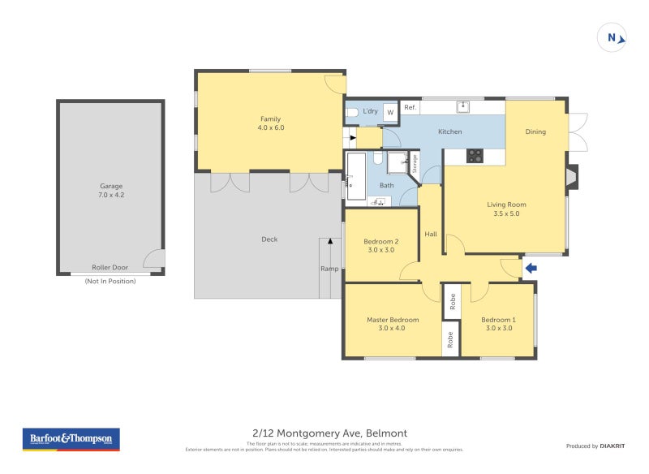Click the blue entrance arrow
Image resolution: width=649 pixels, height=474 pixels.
point(531,268)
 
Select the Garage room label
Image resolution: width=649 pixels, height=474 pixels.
point(110,191)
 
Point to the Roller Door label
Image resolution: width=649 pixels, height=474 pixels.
point(110,267)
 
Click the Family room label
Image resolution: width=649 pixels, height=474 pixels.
point(270,123)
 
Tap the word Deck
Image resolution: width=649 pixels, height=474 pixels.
point(269,239)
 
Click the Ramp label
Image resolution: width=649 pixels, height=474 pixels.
point(329,269)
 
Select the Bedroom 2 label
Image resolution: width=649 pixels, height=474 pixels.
point(380,245)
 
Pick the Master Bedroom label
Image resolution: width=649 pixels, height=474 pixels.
point(393,324)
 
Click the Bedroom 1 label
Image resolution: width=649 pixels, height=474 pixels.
point(498,324)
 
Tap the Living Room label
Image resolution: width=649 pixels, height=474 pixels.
point(506,209)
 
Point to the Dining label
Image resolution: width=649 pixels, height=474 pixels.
point(535,131)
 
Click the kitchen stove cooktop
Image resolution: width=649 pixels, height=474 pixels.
point(475,156)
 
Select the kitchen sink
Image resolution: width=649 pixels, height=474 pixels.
point(463,106)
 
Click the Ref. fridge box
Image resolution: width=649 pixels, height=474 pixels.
point(410,108)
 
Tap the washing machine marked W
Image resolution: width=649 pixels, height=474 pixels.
point(390,113)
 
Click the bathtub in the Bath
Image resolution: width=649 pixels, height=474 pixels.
point(355,176)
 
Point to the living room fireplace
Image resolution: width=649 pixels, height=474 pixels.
point(572,177)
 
